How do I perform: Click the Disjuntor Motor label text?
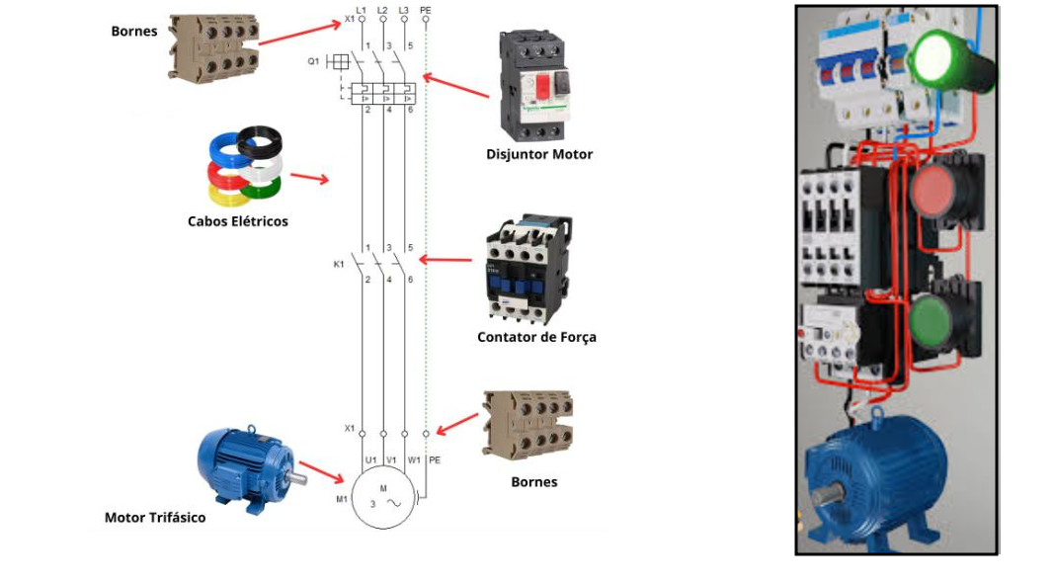(539, 154)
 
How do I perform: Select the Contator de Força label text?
(536, 337)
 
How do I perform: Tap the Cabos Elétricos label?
(238, 221)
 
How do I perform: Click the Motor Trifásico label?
(155, 517)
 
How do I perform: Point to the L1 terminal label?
(362, 10)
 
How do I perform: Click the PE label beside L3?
(426, 10)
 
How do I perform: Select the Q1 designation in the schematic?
(313, 61)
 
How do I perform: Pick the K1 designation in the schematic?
(339, 264)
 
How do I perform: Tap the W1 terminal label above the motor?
(413, 459)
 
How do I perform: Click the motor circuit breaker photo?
(534, 86)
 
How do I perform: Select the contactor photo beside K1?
(527, 268)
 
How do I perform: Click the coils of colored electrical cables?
(245, 168)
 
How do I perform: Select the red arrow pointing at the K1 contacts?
(446, 260)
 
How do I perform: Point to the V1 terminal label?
(391, 459)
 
